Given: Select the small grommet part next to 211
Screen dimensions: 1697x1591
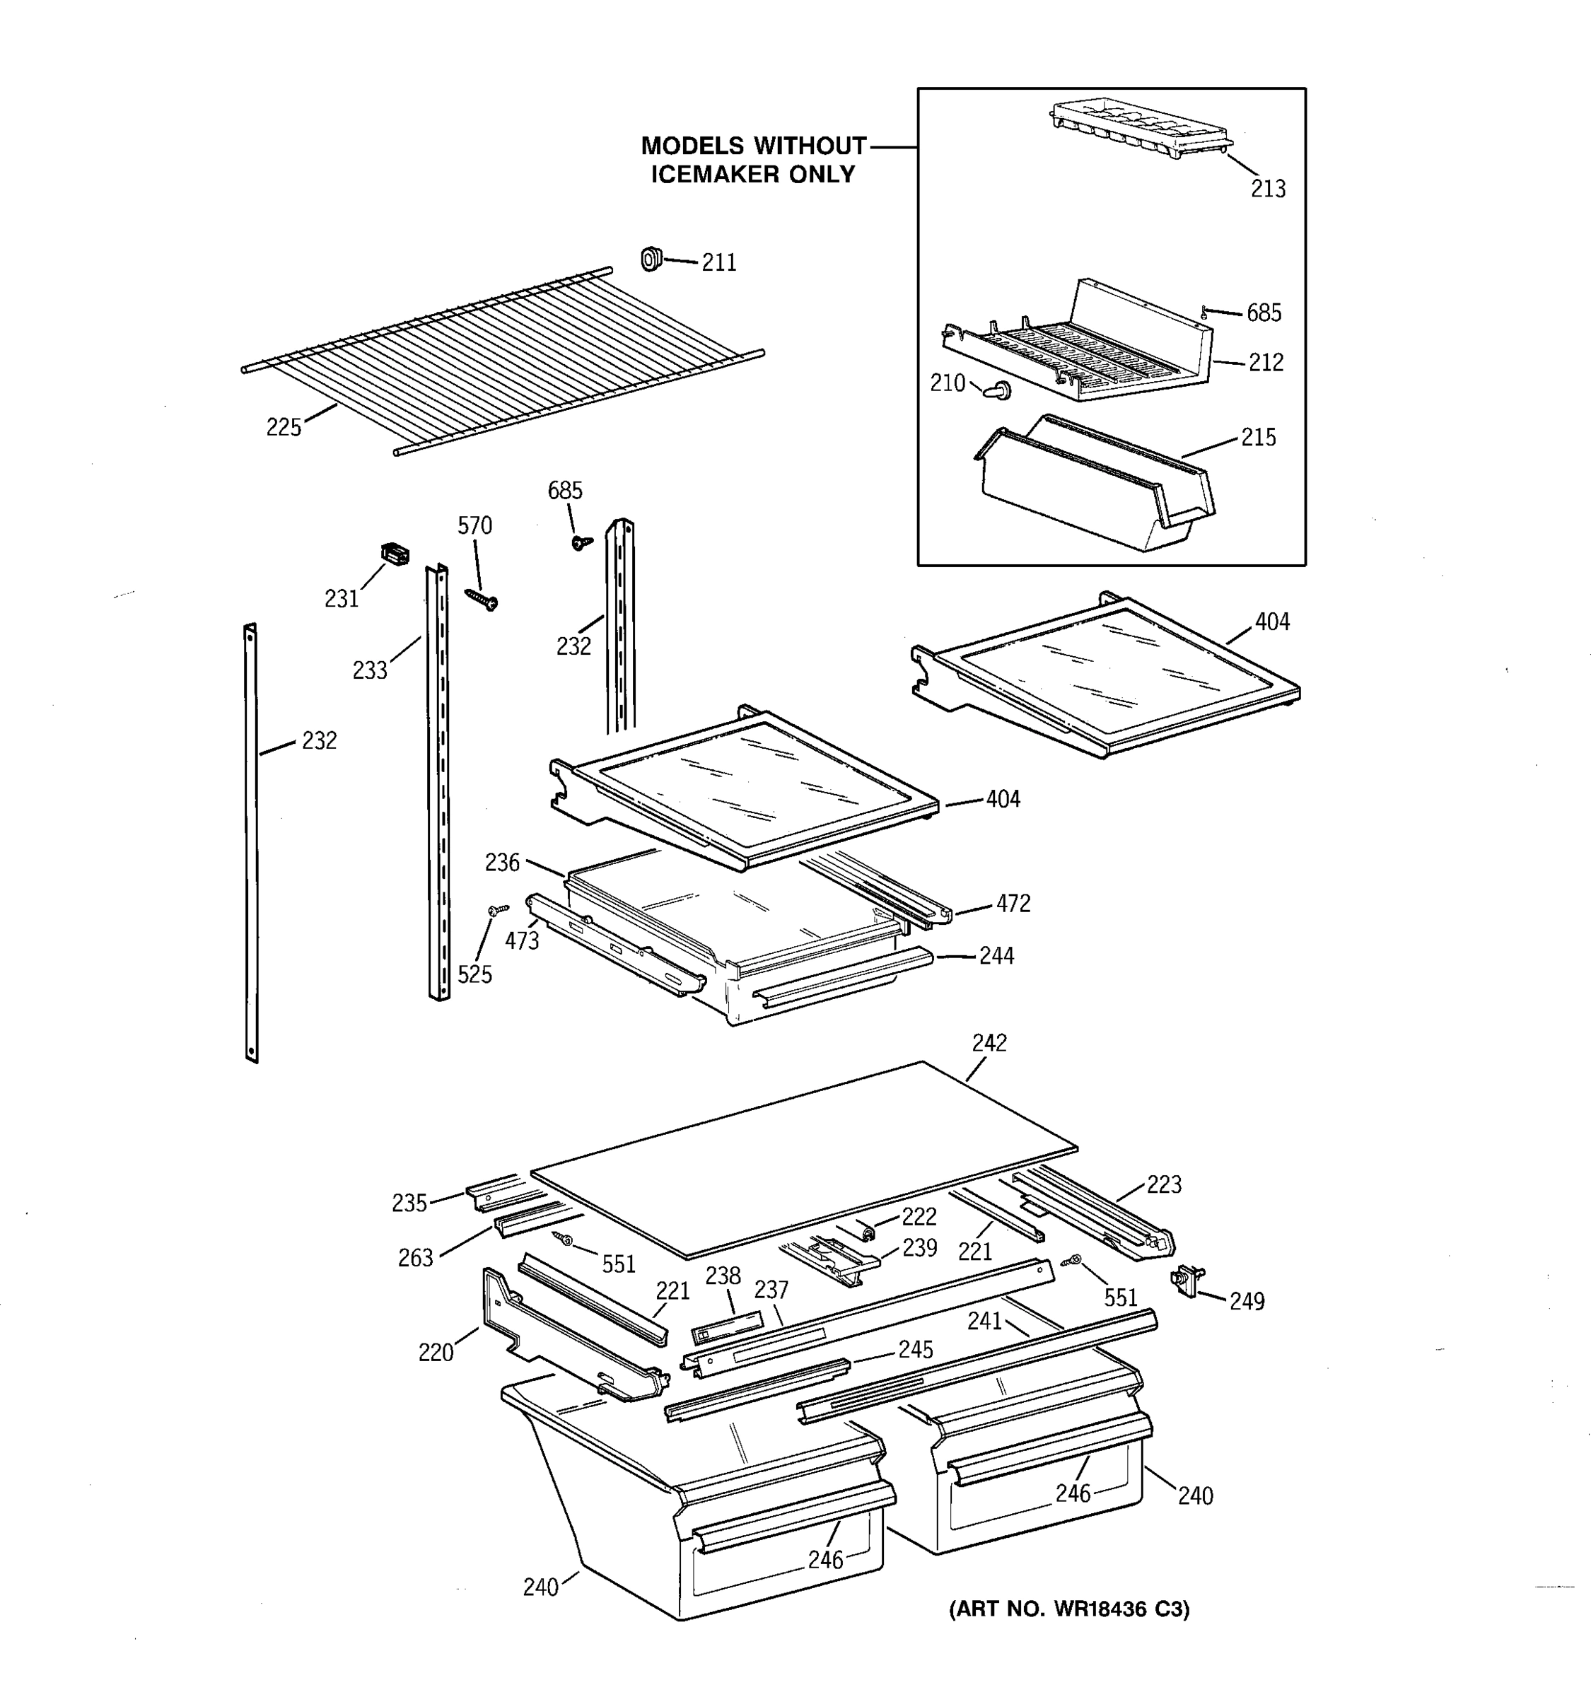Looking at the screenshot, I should [x=651, y=258].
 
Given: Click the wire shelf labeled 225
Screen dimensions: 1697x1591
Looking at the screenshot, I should [x=503, y=358].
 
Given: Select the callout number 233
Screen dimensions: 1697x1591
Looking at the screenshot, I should [x=370, y=671].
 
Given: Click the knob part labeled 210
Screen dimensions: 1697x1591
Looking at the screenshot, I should [x=997, y=391].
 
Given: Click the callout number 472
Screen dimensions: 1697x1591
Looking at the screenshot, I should [x=1013, y=904].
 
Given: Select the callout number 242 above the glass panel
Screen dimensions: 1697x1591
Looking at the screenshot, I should [x=989, y=1043].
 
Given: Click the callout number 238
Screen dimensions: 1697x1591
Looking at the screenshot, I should [x=722, y=1276].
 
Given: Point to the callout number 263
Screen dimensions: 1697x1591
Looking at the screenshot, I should [x=416, y=1257].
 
